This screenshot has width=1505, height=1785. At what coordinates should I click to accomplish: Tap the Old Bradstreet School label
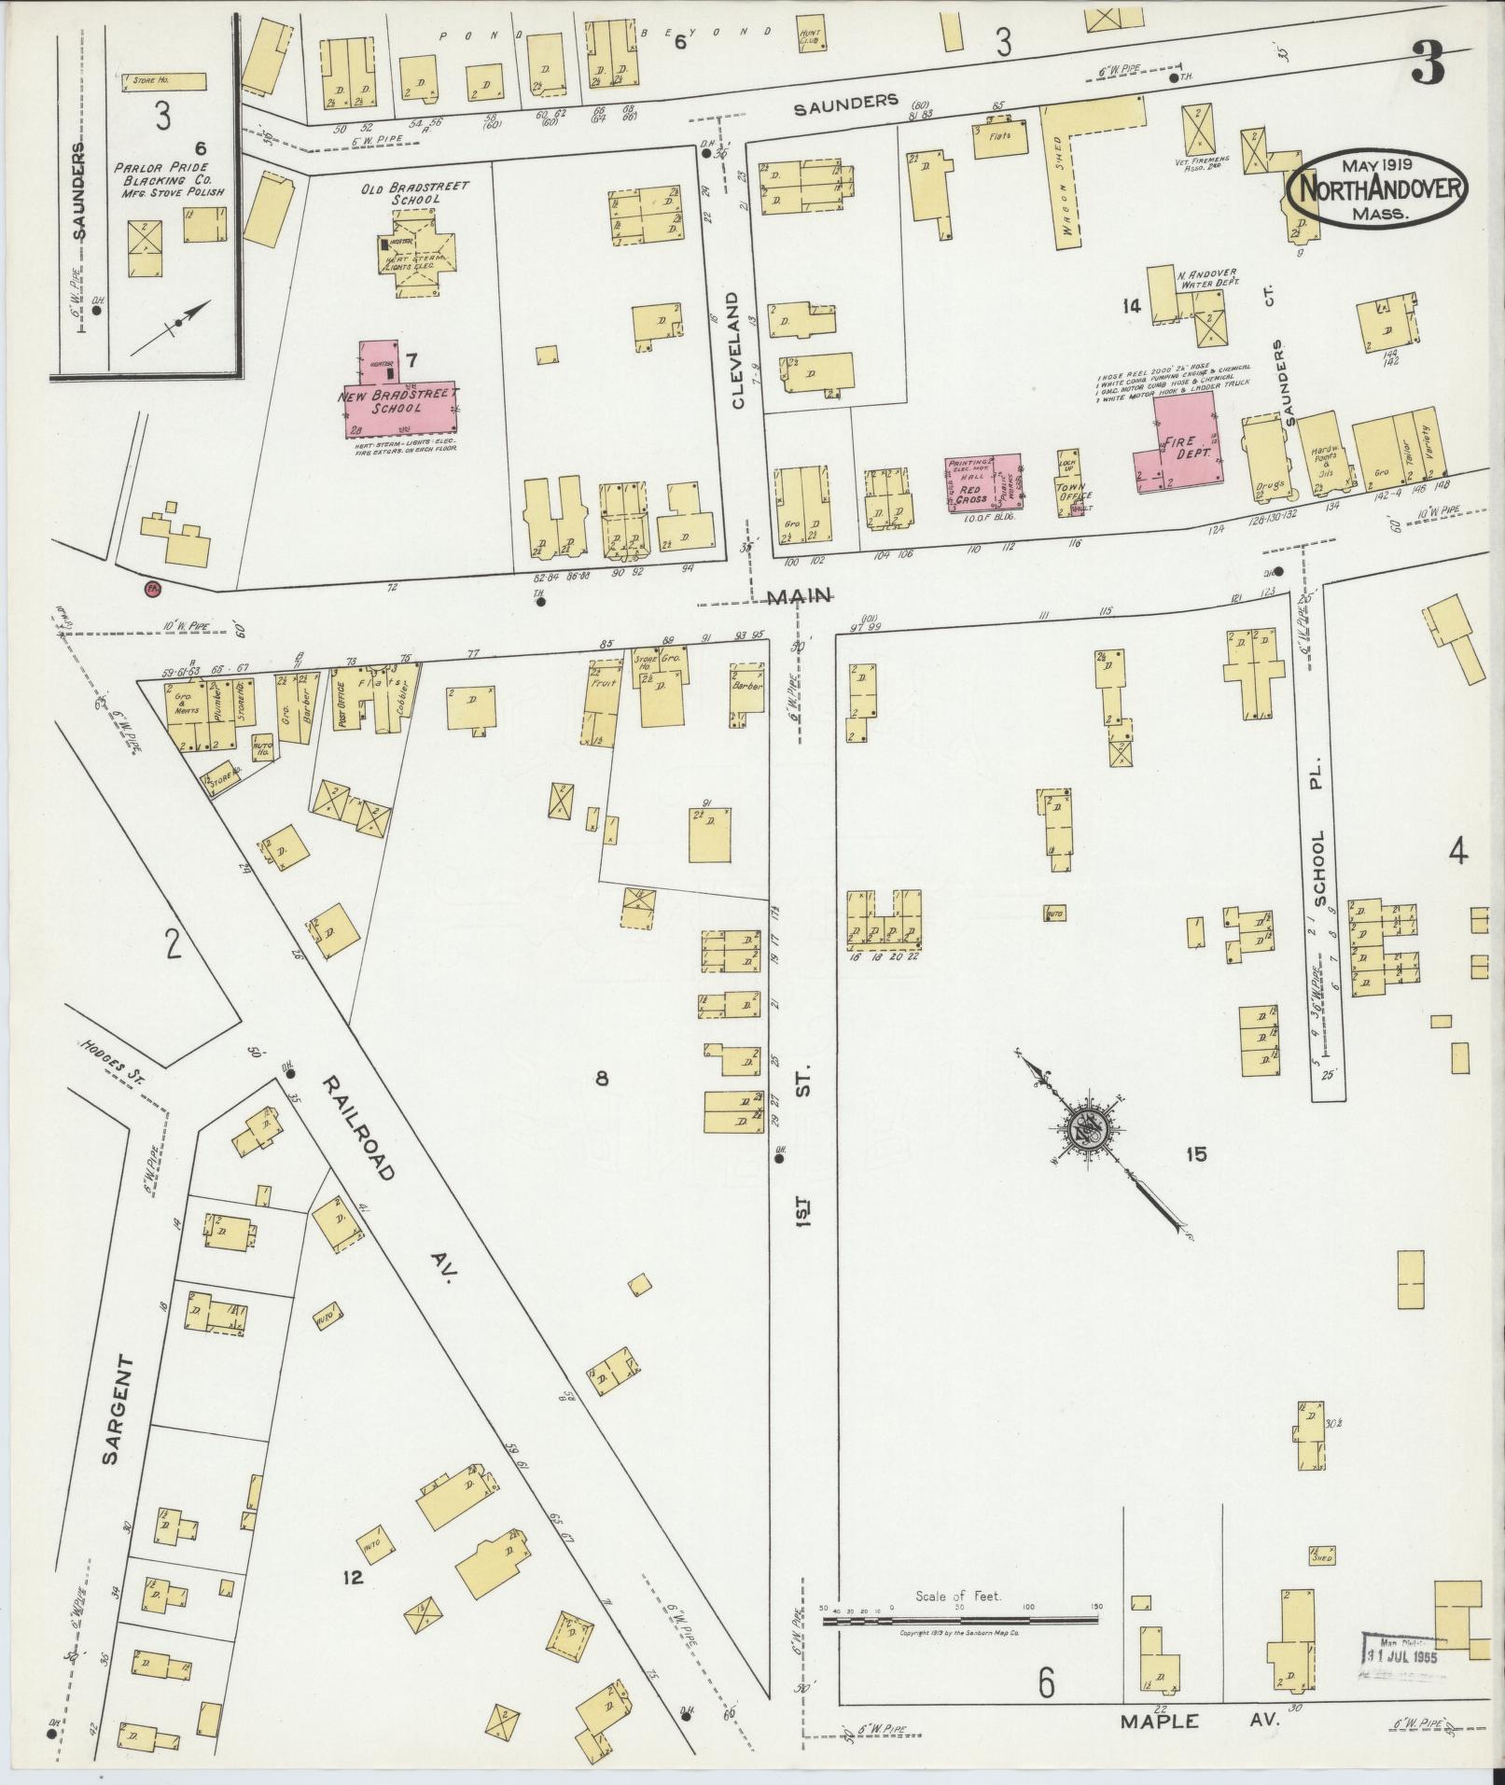tap(415, 193)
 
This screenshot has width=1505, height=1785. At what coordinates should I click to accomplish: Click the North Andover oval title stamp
tap(1376, 189)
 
